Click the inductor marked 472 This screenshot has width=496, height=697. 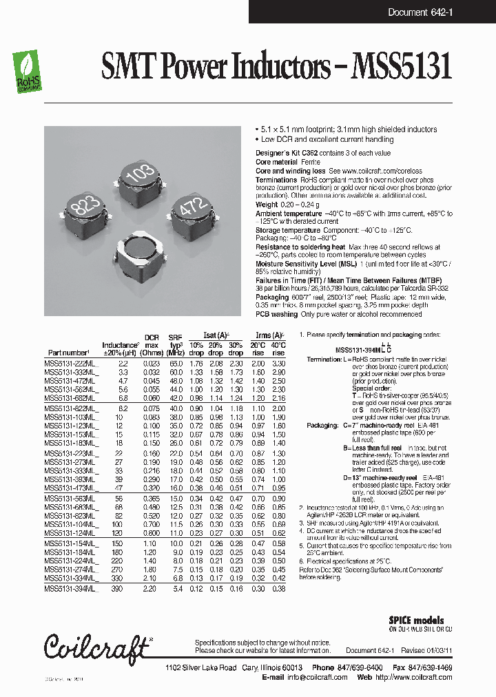click(192, 211)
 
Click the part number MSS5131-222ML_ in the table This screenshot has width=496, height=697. click(71, 362)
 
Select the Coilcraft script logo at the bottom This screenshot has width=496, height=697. click(97, 646)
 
